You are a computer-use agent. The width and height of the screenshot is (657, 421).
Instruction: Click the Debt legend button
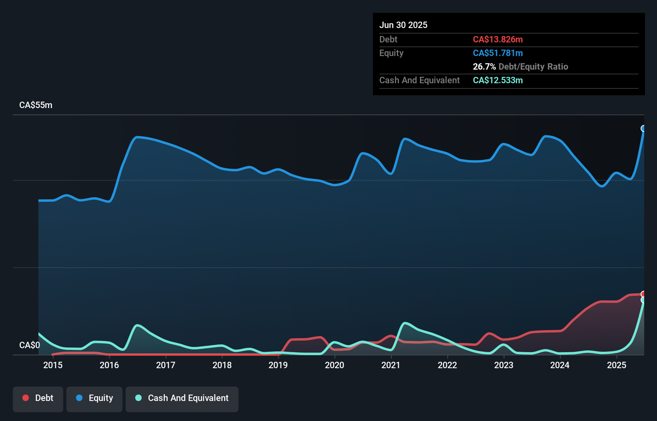[x=38, y=399]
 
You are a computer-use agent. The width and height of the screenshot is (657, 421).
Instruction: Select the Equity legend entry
[x=94, y=399]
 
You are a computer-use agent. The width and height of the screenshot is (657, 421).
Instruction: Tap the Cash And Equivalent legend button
[x=182, y=399]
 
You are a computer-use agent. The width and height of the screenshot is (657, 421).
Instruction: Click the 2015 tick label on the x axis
[x=53, y=365]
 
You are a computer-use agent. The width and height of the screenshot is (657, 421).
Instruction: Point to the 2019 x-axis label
[x=278, y=365]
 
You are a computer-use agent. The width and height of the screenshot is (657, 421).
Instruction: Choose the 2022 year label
[x=447, y=365]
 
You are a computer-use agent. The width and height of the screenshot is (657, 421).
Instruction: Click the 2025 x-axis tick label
[x=617, y=365]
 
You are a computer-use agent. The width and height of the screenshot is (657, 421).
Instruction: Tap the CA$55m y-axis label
[x=36, y=105]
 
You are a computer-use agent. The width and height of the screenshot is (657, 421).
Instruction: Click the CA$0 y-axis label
[x=30, y=345]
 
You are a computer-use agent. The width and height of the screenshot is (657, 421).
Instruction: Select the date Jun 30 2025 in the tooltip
[x=403, y=25]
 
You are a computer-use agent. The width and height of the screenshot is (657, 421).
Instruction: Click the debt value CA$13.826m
[x=498, y=40]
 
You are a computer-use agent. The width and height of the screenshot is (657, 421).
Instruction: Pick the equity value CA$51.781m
[x=498, y=53]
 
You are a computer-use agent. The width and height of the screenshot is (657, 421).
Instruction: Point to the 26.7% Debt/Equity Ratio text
[x=520, y=67]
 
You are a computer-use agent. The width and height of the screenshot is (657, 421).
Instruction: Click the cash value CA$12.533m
[x=498, y=80]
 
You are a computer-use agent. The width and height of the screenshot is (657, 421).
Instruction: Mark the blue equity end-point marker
[x=643, y=128]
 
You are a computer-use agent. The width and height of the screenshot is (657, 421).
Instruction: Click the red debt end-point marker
[x=643, y=294]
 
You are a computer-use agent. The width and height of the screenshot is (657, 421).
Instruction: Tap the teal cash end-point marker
[x=643, y=300]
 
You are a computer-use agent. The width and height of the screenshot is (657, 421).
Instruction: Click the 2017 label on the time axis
[x=166, y=365]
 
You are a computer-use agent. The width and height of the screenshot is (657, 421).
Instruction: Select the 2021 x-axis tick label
[x=391, y=365]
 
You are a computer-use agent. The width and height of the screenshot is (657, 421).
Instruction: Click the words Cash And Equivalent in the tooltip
[x=419, y=80]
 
